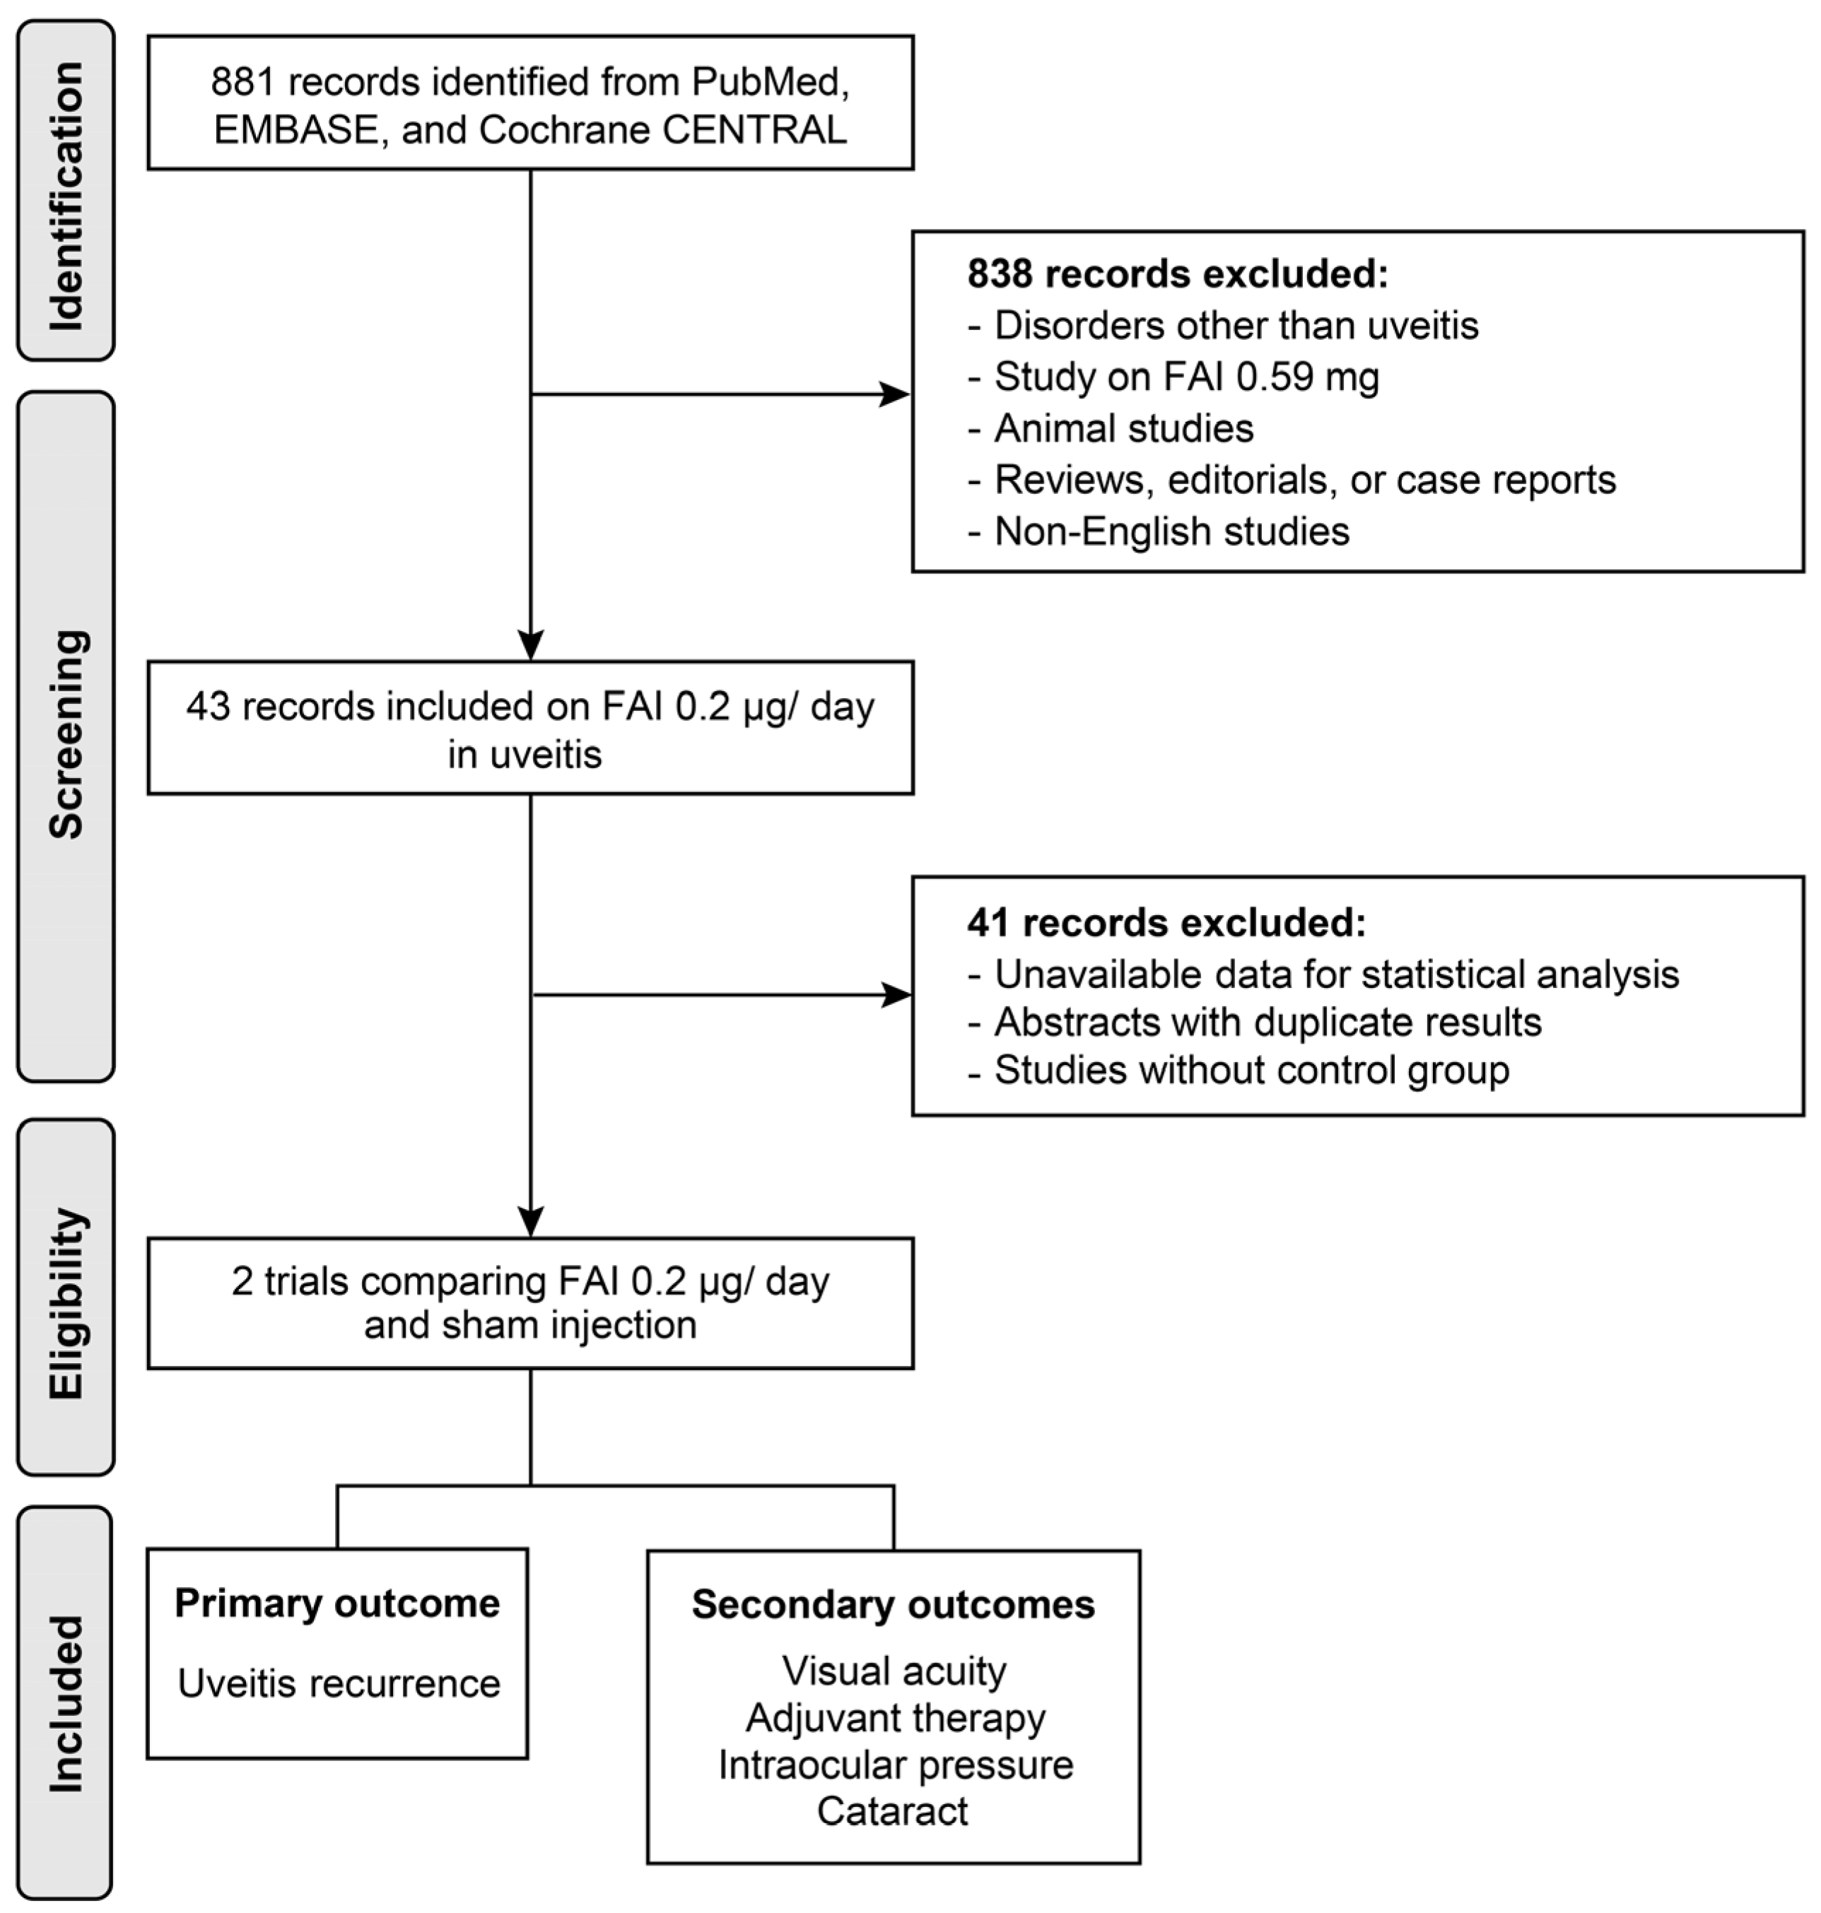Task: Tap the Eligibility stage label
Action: (x=66, y=1303)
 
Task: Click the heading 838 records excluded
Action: (x=1176, y=275)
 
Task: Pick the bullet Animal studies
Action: (x=1123, y=428)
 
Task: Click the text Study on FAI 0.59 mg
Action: (x=1186, y=377)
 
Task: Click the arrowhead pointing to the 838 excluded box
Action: (x=894, y=394)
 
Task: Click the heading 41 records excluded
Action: (x=1165, y=922)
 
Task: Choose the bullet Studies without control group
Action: (x=1251, y=1070)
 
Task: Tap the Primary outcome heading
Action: (x=336, y=1603)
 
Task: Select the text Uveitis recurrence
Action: (x=339, y=1683)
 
